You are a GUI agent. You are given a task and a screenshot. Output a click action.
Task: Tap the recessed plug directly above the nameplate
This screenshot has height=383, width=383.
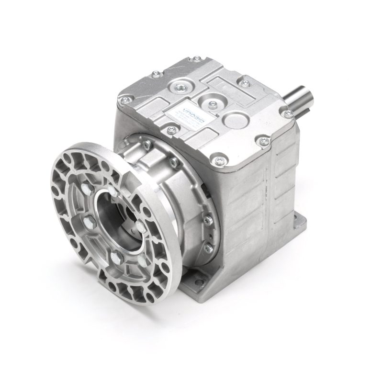(181, 87)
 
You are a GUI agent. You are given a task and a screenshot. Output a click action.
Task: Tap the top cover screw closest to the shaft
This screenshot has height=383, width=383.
(287, 114)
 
